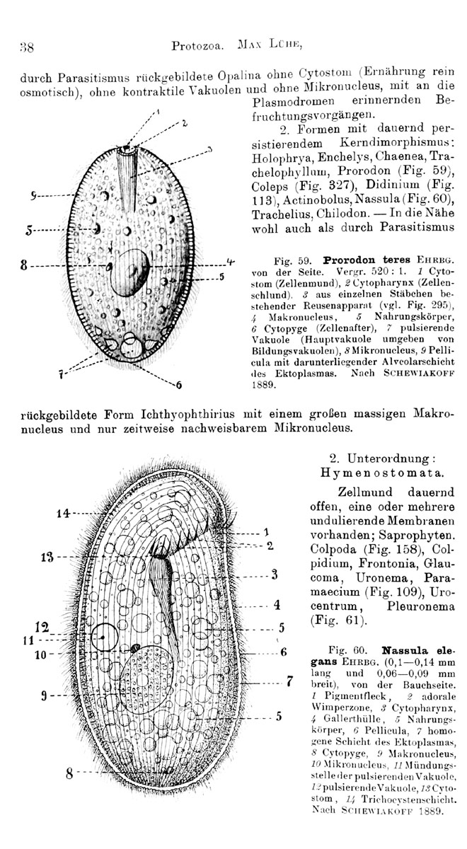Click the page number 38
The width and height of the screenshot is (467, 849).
coord(27,47)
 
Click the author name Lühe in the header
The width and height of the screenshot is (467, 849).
coord(285,45)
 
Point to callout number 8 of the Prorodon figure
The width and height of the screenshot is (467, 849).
coord(24,265)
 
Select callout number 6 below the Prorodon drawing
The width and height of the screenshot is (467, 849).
coord(178,386)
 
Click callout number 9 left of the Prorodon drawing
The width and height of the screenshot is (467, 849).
coord(33,195)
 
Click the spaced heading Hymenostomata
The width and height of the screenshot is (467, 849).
coord(382,473)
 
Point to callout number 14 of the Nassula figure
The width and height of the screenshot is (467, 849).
coord(63,514)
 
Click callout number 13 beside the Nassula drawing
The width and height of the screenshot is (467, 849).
coord(47,558)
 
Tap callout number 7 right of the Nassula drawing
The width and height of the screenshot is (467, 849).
coord(289,681)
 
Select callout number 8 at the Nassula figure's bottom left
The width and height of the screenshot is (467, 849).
coord(69,773)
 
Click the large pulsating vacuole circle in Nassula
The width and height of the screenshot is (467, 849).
coord(105,637)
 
